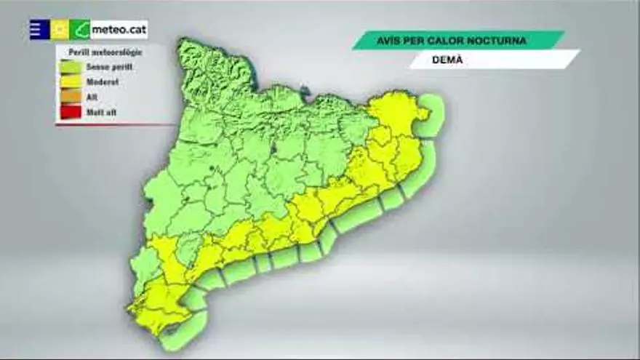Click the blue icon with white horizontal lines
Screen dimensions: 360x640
tap(39, 29)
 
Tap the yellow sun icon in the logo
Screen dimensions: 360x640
tap(60, 30)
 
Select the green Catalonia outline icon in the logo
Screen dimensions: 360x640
tap(80, 30)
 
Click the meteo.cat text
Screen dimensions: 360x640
tap(119, 30)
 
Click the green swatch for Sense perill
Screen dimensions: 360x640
tap(71, 67)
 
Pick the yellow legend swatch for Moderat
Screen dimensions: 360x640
tap(71, 82)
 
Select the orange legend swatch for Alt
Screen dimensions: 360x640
tap(71, 97)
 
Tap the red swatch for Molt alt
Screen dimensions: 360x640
tap(71, 113)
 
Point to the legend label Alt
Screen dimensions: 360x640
tap(92, 97)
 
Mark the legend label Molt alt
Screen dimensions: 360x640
tap(101, 113)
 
